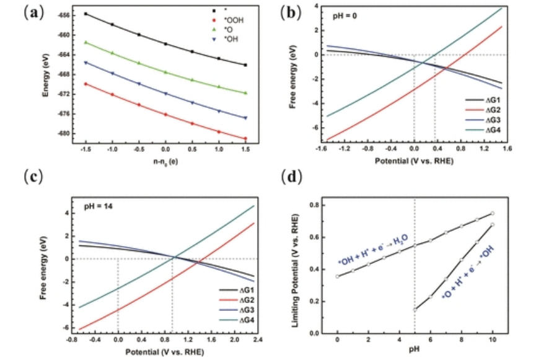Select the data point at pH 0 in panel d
coord(337,276)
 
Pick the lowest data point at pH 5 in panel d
coord(415,309)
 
